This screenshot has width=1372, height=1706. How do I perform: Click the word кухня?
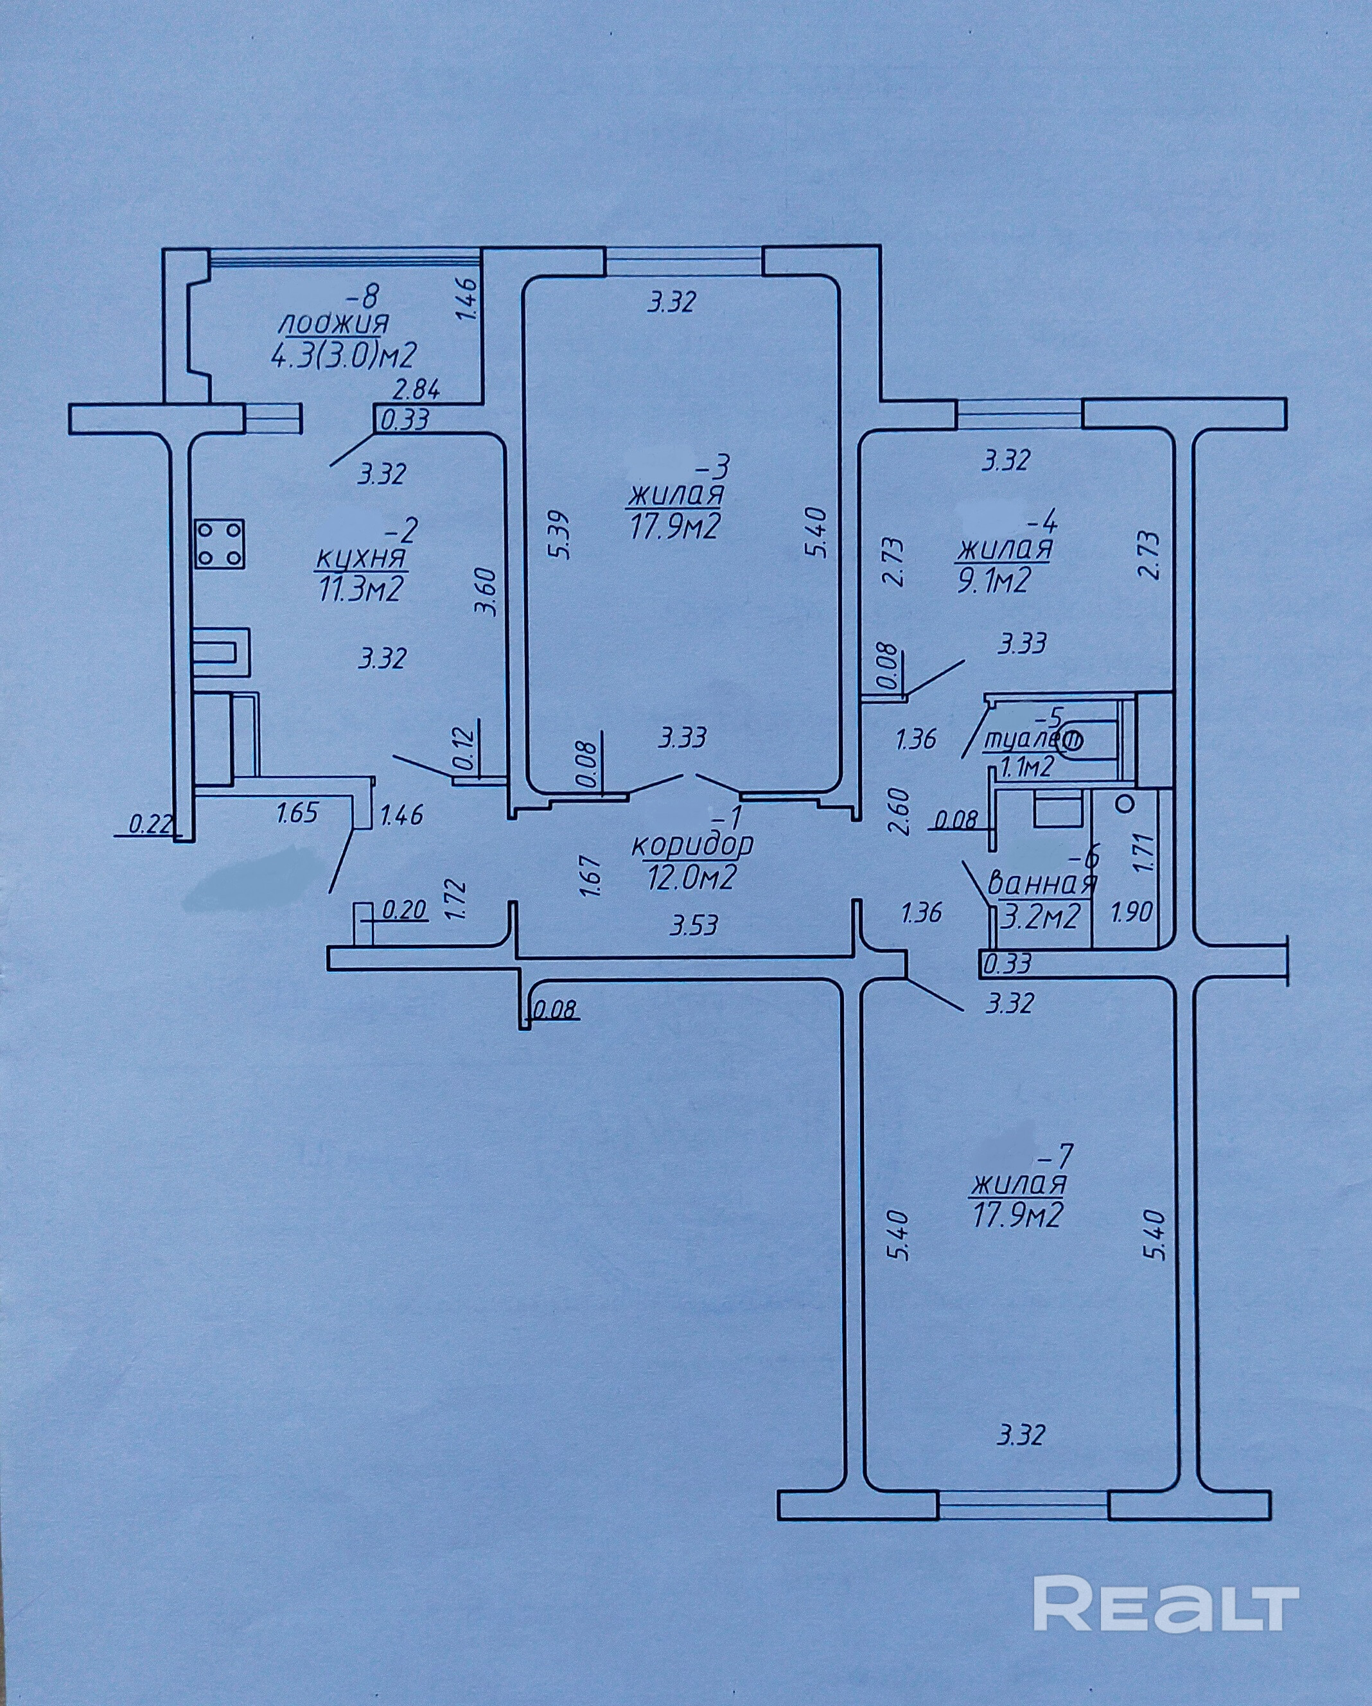[361, 559]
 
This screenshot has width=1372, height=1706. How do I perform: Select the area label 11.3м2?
[361, 590]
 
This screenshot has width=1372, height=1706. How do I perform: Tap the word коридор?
[692, 845]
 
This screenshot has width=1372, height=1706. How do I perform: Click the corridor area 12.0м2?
[692, 876]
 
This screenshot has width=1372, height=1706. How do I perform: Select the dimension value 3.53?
[693, 925]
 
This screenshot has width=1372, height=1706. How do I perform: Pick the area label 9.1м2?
[994, 581]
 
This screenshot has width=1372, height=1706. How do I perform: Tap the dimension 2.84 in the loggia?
[417, 389]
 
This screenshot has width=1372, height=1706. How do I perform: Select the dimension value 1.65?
[297, 813]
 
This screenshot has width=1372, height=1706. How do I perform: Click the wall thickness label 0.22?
[150, 825]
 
